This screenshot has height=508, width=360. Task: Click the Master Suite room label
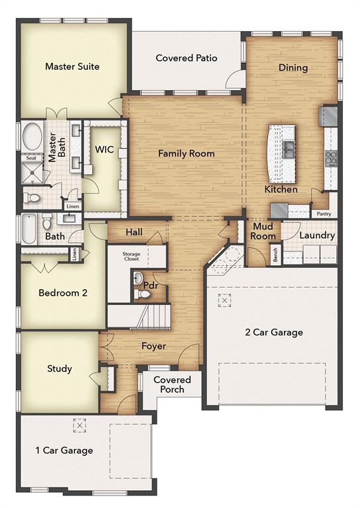pos(72,66)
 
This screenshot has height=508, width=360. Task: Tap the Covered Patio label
pos(187,58)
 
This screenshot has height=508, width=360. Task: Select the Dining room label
pos(292,67)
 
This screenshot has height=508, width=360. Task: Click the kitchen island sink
pos(289,149)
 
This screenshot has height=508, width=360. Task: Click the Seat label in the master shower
pos(30,158)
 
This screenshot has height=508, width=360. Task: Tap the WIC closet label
pos(105,150)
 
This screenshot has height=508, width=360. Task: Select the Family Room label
pos(186,153)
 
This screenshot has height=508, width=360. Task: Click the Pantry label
pos(324,214)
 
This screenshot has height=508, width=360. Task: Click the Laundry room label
pos(317,235)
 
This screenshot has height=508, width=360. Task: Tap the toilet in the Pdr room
pos(138,278)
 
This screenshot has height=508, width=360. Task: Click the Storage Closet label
pos(132,256)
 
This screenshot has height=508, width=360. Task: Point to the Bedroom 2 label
pos(63,293)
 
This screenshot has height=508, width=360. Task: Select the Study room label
pos(60,368)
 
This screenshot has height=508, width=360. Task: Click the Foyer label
pos(154,346)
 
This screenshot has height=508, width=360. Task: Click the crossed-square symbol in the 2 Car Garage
pos(226,301)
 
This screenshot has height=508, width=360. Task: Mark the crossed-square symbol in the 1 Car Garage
pos(79,425)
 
